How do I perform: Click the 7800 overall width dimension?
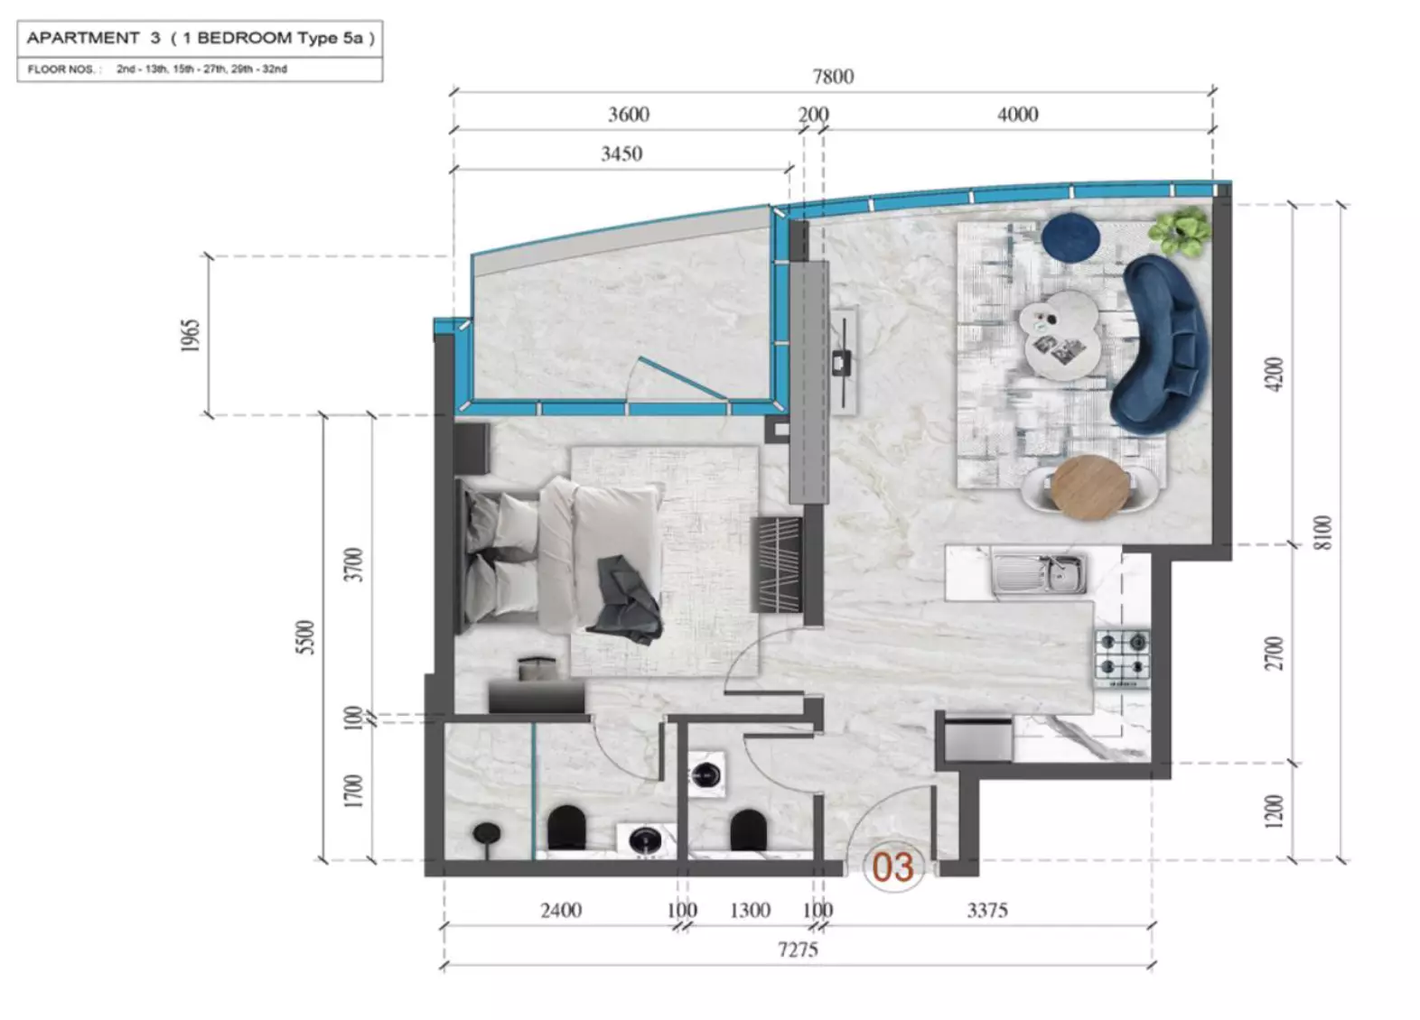(x=833, y=77)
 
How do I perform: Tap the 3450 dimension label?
(x=621, y=154)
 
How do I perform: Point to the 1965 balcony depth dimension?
(x=191, y=336)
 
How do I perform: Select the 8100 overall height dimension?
(x=1323, y=533)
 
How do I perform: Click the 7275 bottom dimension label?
(x=798, y=950)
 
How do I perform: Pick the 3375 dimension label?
(x=987, y=911)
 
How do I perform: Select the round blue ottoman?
(x=1070, y=237)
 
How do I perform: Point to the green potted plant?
(x=1179, y=232)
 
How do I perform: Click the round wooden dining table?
(x=1089, y=487)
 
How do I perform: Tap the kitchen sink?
(x=1039, y=574)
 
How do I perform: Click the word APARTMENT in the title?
(x=82, y=38)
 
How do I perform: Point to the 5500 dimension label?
(x=305, y=637)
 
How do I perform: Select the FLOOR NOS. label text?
(x=61, y=70)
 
